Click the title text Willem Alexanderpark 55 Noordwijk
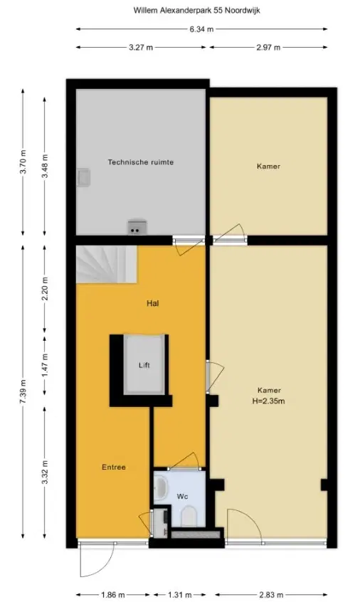point(196,11)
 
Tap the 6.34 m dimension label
point(201,29)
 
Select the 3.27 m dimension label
point(140,48)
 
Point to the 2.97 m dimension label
point(268,48)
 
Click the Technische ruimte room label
point(140,162)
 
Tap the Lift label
point(144,365)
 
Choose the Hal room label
point(152,303)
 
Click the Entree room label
point(114,468)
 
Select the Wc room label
point(182,497)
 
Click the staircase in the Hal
point(106,265)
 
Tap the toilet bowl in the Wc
point(189,517)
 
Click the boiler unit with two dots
point(137,226)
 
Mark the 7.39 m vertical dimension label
point(23,391)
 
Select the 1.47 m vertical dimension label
point(45,366)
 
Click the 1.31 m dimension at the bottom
point(179,595)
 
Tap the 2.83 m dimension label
point(272,595)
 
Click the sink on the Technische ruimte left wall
point(83,178)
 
